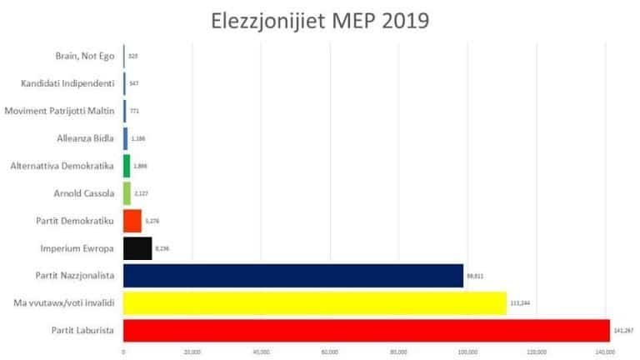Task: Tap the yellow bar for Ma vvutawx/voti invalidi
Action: pyautogui.click(x=314, y=302)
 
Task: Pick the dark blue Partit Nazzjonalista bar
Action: pyautogui.click(x=292, y=275)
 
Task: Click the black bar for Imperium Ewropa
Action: pyautogui.click(x=137, y=248)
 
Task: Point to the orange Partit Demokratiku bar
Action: pyautogui.click(x=132, y=221)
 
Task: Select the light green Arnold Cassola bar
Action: pyautogui.click(x=127, y=193)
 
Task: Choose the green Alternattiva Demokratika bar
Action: pyautogui.click(x=127, y=166)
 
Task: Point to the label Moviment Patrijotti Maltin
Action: pyautogui.click(x=61, y=112)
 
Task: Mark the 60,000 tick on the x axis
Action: pyautogui.click(x=331, y=352)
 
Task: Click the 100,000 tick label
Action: pyautogui.click(x=468, y=352)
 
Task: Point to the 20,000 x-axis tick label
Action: pyautogui.click(x=192, y=352)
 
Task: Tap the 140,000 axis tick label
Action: pyautogui.click(x=606, y=352)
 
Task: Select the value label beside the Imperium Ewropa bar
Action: pyautogui.click(x=162, y=248)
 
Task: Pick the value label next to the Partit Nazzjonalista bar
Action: pyautogui.click(x=475, y=275)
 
